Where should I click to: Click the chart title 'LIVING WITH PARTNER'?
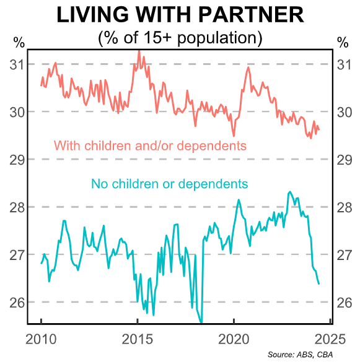(180, 15)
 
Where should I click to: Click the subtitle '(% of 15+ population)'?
(180, 38)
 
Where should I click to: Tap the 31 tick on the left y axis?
(17, 64)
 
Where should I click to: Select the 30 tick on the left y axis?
(17, 112)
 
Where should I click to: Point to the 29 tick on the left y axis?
(17, 160)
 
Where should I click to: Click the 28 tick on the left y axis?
(17, 207)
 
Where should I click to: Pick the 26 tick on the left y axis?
(17, 303)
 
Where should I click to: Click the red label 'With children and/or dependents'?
(151, 146)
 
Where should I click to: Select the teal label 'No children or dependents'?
(169, 184)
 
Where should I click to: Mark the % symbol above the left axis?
(19, 43)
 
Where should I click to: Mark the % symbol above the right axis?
(343, 43)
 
